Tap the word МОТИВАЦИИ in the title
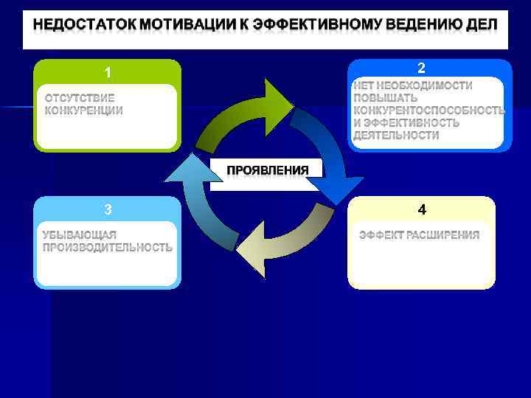[x=190, y=24]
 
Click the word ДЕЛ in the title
[x=482, y=24]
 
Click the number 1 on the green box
[x=108, y=73]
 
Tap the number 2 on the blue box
[x=421, y=69]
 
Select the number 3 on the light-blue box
[x=108, y=210]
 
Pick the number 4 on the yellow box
[x=422, y=210]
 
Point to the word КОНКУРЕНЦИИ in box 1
[x=83, y=111]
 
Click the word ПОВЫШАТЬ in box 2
[x=385, y=97]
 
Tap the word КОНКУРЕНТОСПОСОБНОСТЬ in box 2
[x=428, y=110]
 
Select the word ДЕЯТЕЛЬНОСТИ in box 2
[x=395, y=136]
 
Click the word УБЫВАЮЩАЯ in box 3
[x=79, y=235]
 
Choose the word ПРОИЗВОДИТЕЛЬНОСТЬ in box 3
[x=107, y=248]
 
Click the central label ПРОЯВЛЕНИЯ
[x=267, y=170]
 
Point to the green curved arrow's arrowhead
[x=279, y=99]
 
